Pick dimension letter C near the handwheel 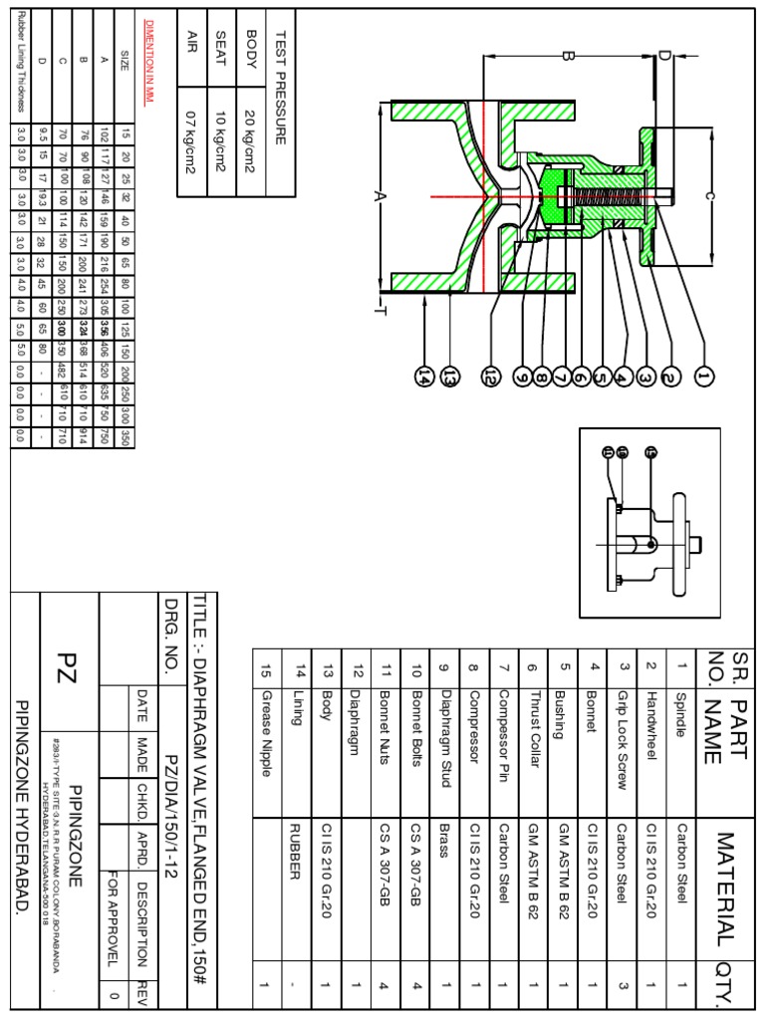coord(707,196)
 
